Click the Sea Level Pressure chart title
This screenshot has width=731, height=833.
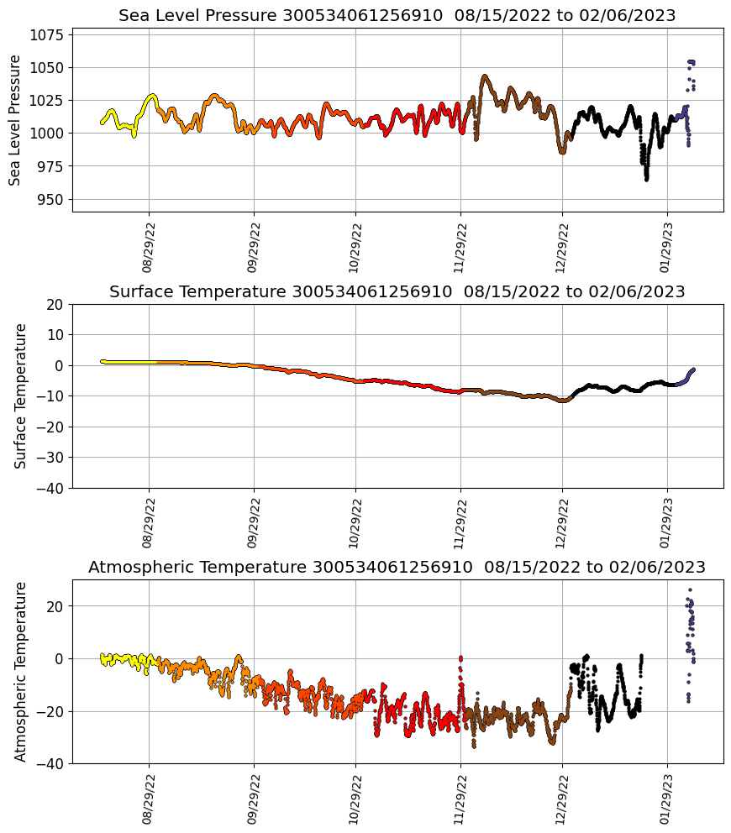pos(397,16)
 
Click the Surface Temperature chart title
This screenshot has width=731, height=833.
pos(397,292)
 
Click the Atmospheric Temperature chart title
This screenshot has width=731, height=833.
pos(397,568)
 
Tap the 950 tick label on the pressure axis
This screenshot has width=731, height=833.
pos(51,200)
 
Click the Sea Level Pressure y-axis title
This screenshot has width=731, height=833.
pos(15,120)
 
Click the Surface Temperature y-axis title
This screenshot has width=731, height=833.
pos(21,396)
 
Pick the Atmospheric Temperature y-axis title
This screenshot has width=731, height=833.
pos(21,671)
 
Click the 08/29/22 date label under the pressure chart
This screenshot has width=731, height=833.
pos(148,249)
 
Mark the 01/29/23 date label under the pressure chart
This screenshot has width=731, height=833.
pos(666,249)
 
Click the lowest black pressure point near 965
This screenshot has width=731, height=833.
pos(646,179)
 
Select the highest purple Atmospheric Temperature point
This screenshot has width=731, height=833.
pos(691,590)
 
